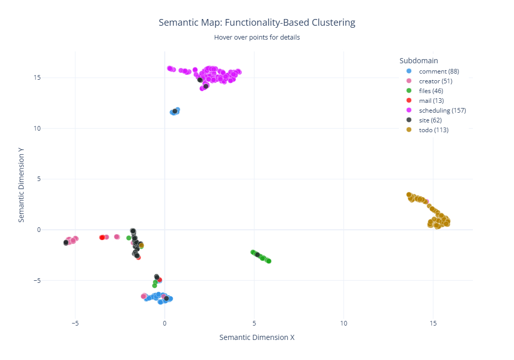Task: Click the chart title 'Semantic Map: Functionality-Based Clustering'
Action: (x=256, y=23)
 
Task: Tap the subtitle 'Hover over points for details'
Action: (x=256, y=37)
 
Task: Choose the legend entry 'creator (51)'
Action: (x=436, y=81)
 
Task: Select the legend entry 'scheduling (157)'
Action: (x=443, y=110)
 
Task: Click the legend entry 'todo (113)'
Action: (x=434, y=130)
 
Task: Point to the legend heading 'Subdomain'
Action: (x=418, y=60)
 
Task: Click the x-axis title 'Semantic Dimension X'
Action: (x=256, y=337)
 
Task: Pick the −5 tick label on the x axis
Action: (x=75, y=323)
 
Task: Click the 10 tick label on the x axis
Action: (x=343, y=323)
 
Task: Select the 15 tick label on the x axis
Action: (x=433, y=323)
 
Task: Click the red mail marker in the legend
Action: (x=409, y=100)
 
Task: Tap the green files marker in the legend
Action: (x=409, y=91)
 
